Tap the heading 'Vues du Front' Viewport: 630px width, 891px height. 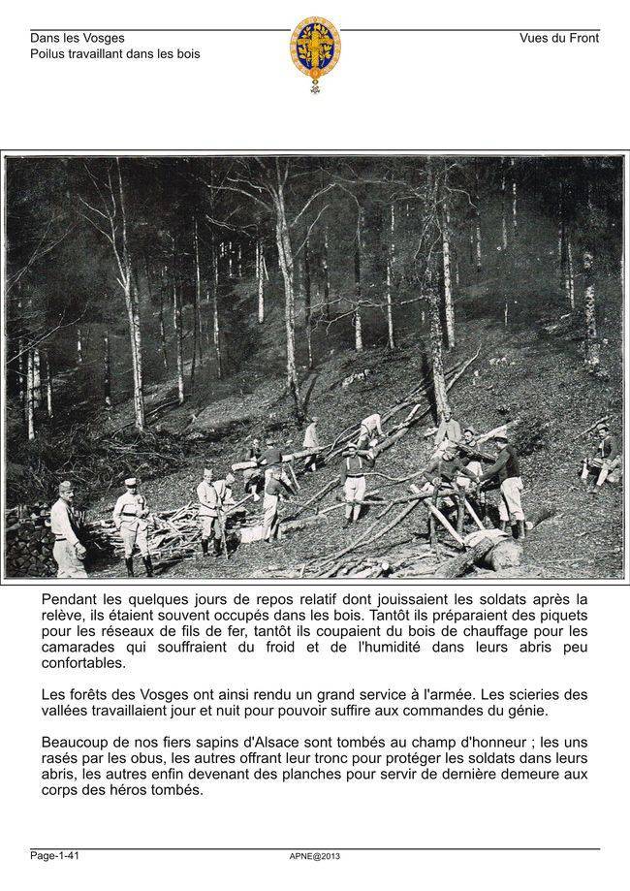(559, 39)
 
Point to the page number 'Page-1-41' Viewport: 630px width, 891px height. (54, 855)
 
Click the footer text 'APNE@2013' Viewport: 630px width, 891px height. (315, 856)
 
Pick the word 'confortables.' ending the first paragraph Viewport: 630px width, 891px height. (83, 664)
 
